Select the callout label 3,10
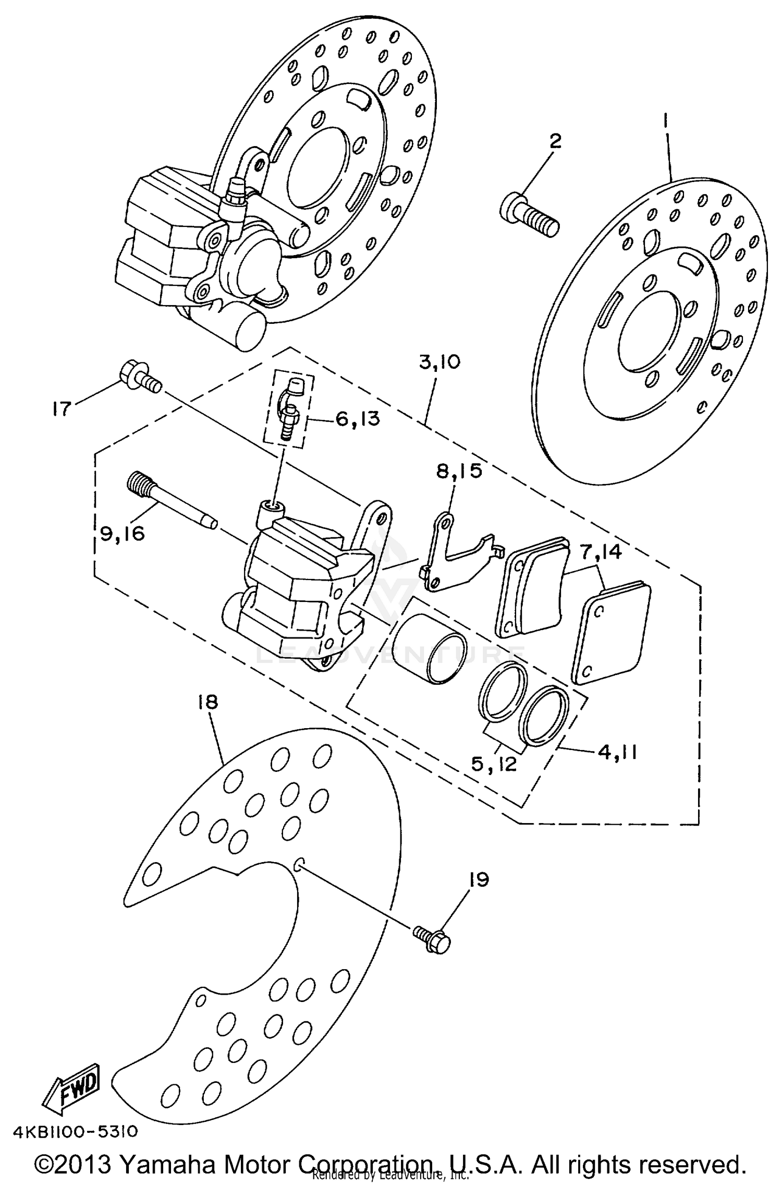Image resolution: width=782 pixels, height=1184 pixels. click(x=439, y=361)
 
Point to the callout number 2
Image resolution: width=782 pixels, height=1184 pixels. click(x=555, y=141)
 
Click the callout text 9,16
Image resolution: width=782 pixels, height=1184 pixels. click(x=122, y=533)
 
